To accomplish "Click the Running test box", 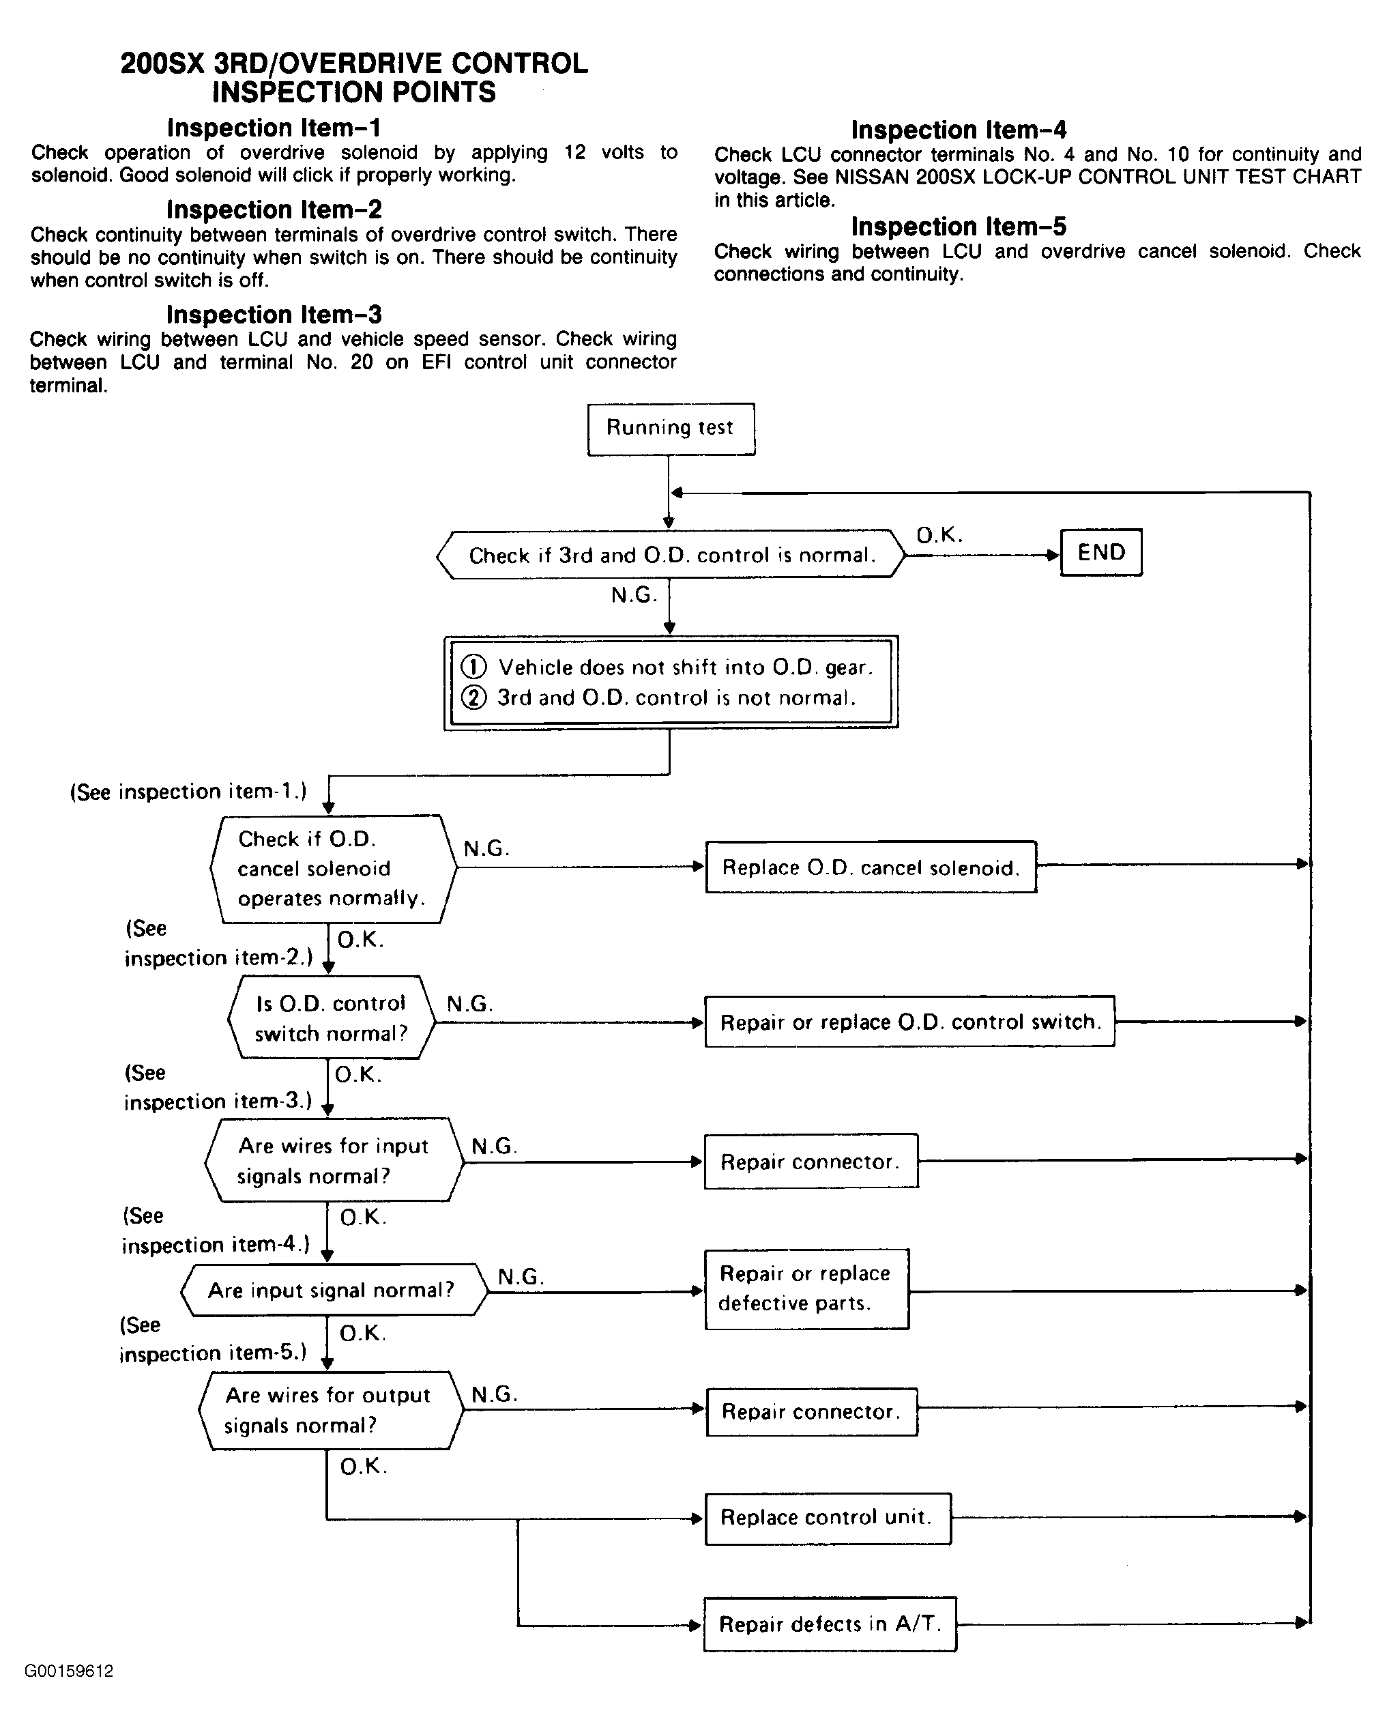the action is click(671, 429).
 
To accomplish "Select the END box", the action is click(1101, 552).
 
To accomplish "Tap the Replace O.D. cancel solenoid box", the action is click(871, 867).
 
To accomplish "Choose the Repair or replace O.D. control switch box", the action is click(909, 1022).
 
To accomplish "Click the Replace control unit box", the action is click(828, 1518).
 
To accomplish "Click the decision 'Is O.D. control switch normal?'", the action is click(332, 1018).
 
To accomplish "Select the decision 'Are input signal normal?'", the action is click(335, 1291).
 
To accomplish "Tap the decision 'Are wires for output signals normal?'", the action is click(331, 1411).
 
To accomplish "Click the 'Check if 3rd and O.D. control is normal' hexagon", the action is click(671, 555).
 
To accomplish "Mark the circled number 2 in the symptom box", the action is click(473, 697).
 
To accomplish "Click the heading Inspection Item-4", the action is click(959, 130).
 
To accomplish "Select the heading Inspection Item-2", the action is click(274, 210).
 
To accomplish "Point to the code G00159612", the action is click(69, 1671).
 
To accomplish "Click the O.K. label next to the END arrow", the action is click(939, 535).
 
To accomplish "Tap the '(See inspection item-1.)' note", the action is click(188, 792).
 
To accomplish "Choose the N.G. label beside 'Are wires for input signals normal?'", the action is click(493, 1146).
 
